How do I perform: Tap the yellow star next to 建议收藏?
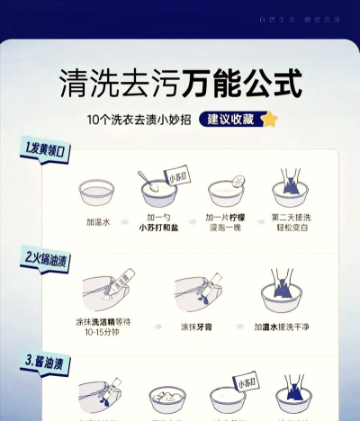pos(268,119)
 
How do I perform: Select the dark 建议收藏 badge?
pos(229,119)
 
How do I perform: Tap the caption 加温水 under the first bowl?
pos(97,219)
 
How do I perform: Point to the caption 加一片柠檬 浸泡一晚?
pos(228,223)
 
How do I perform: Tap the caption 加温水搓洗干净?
pos(290,327)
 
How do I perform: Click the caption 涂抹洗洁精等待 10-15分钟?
pos(103,327)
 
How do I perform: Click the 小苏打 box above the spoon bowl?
pos(178,179)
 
